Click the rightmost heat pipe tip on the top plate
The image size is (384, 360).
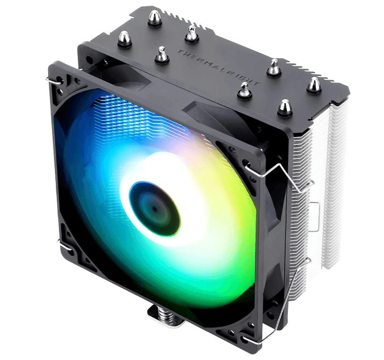[313, 85]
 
